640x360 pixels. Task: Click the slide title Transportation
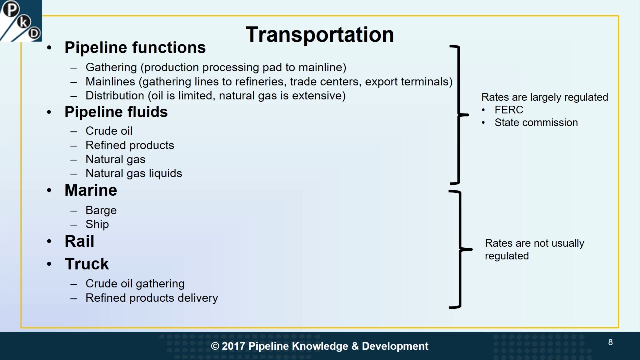coord(320,35)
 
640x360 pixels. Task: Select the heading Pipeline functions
coord(135,48)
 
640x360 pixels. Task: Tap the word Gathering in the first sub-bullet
coord(111,67)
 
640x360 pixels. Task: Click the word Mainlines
coord(109,81)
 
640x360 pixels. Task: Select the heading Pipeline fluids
coord(116,112)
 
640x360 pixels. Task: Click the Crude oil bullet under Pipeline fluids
coord(109,131)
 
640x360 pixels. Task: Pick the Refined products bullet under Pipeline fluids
coord(130,145)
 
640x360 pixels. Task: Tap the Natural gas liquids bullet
coord(134,173)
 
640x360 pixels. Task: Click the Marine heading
coord(91,190)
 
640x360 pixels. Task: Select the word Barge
coord(101,210)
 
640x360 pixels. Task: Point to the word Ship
coord(97,224)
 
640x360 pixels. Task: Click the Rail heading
coord(79,241)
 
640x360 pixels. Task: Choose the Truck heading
coord(87,264)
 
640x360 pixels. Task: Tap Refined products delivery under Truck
coord(152,298)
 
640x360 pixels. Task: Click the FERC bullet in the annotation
coord(509,110)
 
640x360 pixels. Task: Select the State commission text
coord(536,123)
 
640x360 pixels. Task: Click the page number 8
coord(610,342)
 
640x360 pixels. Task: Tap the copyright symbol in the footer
coord(215,346)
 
